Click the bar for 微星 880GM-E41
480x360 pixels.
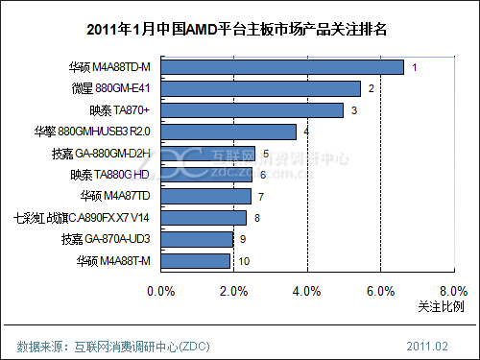[x=260, y=89]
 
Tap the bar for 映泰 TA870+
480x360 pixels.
[x=252, y=110]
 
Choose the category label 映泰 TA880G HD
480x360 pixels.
[x=108, y=175]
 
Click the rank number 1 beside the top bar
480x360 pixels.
[x=415, y=67]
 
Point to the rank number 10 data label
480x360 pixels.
[x=245, y=261]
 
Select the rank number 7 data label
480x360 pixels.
[x=261, y=197]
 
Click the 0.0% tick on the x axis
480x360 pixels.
[x=160, y=290]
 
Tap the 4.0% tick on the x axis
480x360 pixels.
[x=306, y=290]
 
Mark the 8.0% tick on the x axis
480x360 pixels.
[x=452, y=290]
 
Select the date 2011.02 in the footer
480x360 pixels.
[x=429, y=345]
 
